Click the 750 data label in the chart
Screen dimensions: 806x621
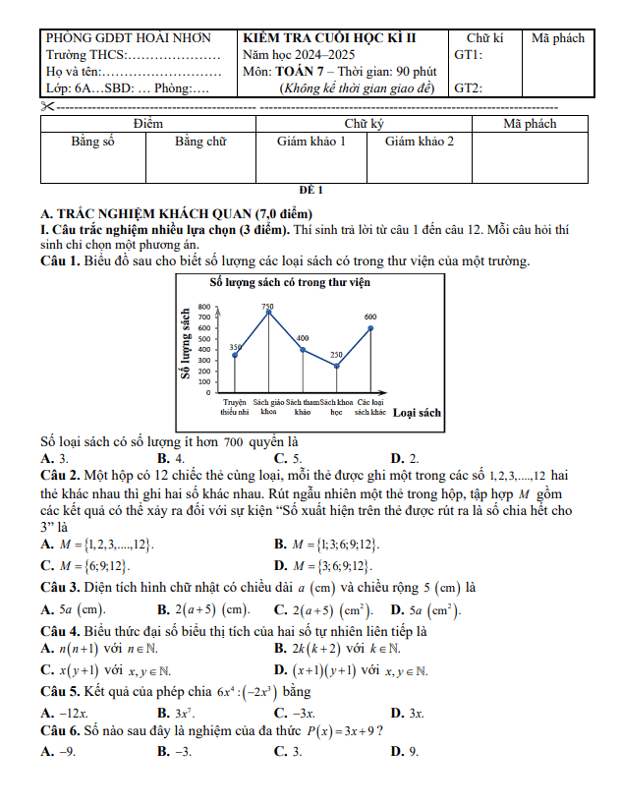tap(267, 308)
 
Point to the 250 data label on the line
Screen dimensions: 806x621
tap(336, 355)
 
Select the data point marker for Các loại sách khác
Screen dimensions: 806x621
tap(370, 327)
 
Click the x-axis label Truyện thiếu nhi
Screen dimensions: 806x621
tap(234, 406)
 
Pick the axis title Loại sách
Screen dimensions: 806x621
tap(417, 413)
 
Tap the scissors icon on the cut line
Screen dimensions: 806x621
tap(47, 105)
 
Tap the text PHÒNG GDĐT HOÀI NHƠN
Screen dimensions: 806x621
tap(129, 38)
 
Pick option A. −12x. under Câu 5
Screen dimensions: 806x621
tap(66, 713)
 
